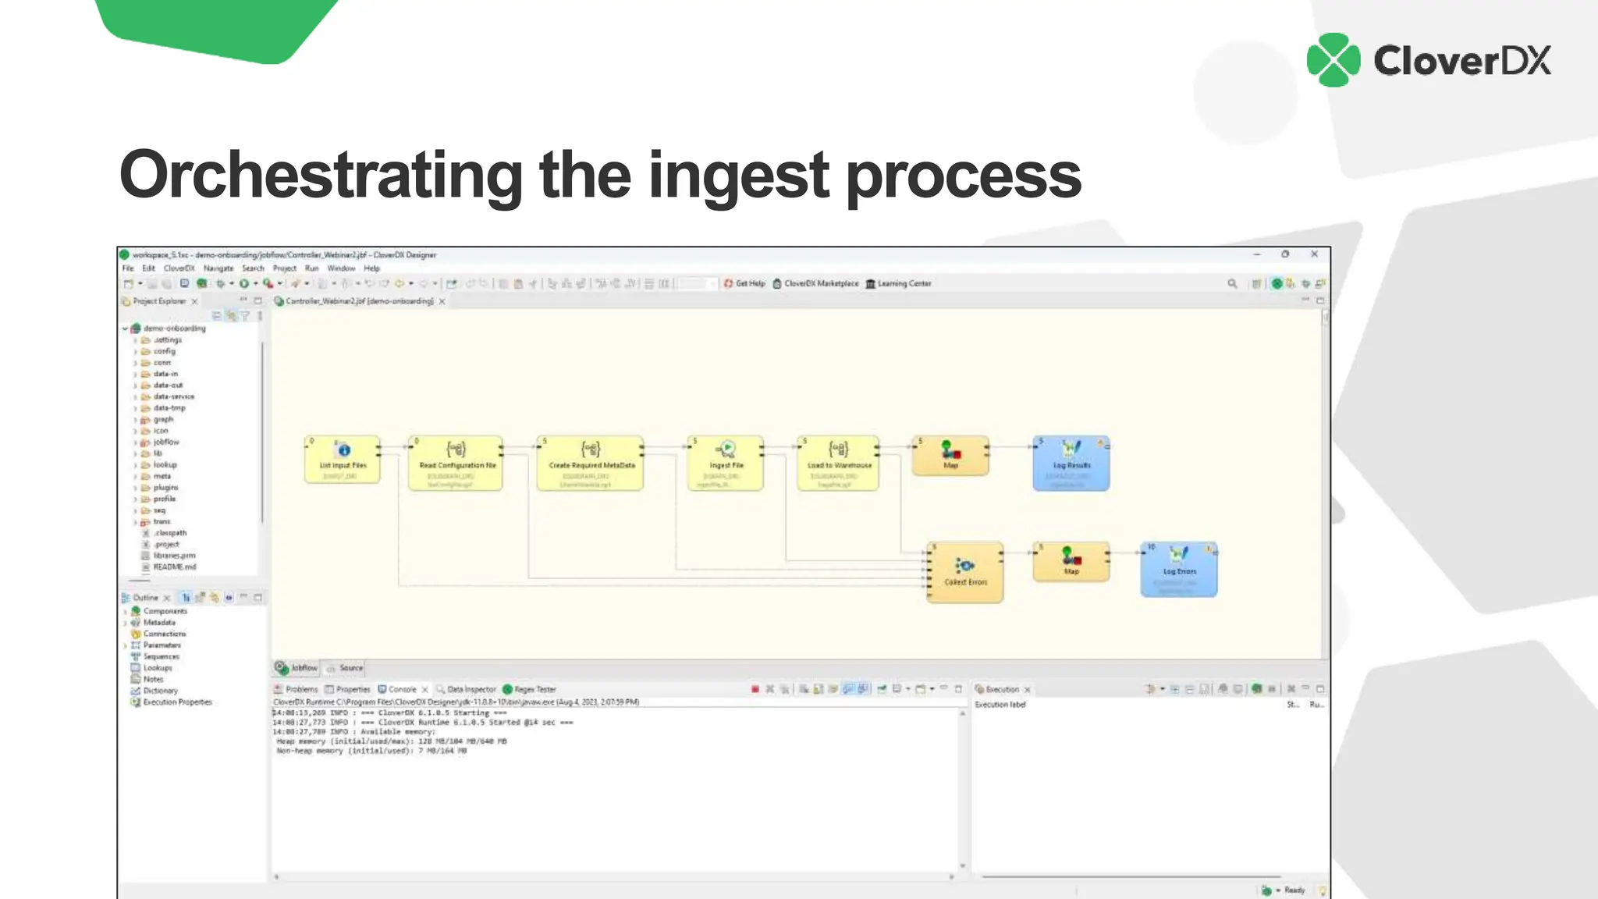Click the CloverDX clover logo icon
(x=1333, y=60)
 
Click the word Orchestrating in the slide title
(x=321, y=176)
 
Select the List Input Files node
(x=343, y=460)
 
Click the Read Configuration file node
(x=456, y=463)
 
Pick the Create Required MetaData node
(x=591, y=463)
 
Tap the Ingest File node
(x=726, y=463)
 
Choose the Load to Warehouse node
(x=839, y=463)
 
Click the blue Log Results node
(x=1071, y=463)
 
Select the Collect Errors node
(x=965, y=572)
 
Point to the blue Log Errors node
(x=1178, y=570)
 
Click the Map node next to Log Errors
(x=1071, y=562)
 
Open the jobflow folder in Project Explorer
(x=165, y=442)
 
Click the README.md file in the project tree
(x=174, y=567)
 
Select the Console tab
(x=402, y=690)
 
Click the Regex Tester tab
(x=534, y=690)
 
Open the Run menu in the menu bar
(x=311, y=268)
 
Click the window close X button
(x=1315, y=254)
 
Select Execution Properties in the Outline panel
(x=177, y=702)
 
